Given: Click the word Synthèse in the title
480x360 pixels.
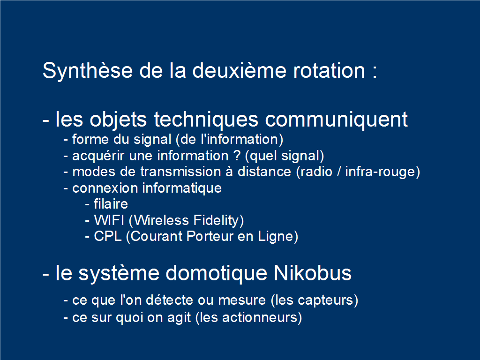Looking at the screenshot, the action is point(88,71).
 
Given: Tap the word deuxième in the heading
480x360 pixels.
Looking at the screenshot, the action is point(240,70).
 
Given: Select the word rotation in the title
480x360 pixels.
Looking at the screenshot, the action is point(330,71).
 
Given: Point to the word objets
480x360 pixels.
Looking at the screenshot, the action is point(118,120).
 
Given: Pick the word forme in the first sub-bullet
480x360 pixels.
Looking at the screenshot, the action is point(90,139).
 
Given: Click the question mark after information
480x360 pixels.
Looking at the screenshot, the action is point(237,156).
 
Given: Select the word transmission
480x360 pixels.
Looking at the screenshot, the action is point(180,172).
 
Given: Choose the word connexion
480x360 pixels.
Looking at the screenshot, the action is point(105,188).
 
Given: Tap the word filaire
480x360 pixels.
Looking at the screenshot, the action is point(111,204).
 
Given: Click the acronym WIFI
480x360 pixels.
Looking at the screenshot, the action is point(109,220).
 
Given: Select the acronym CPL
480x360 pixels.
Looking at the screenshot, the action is point(108,236).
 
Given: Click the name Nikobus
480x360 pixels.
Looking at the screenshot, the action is point(313,273).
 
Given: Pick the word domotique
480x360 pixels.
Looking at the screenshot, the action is point(217,273).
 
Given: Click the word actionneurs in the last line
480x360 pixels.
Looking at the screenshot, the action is point(260,317).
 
